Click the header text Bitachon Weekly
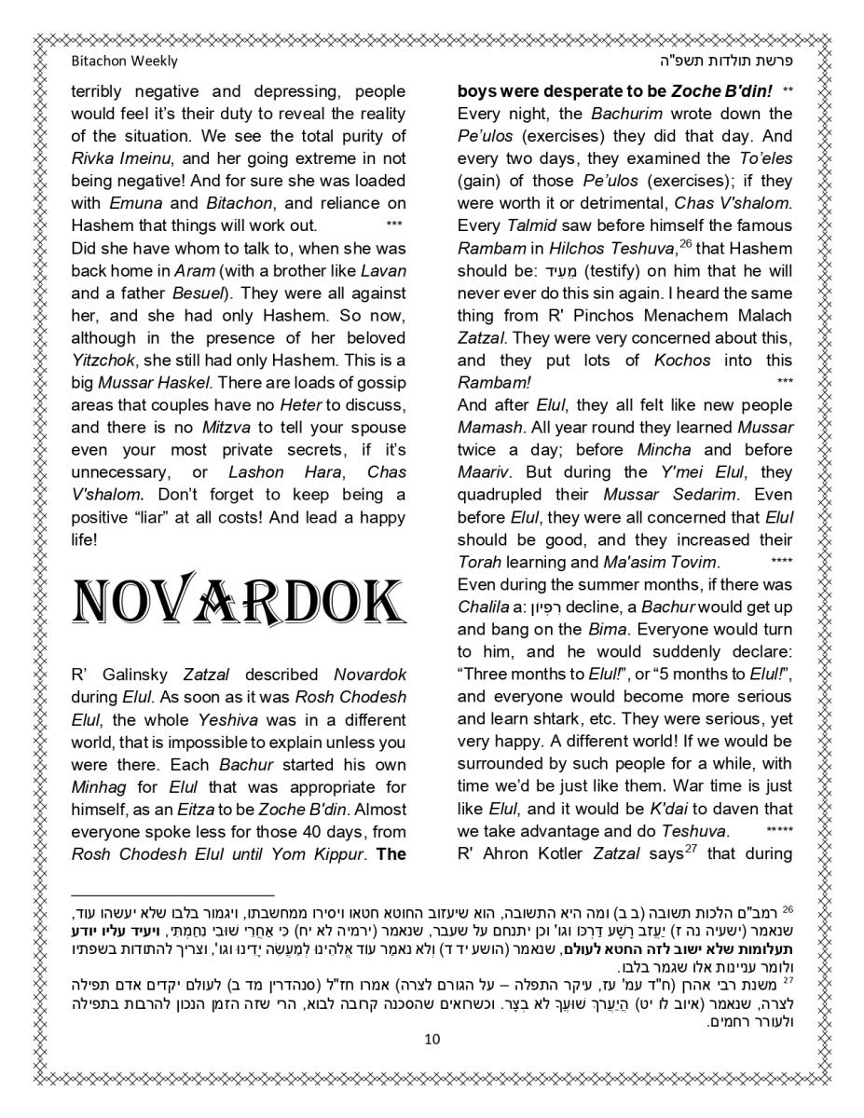point(124,61)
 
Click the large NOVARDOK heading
point(238,602)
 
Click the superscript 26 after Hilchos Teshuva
point(684,242)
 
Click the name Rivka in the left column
point(93,158)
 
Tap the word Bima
point(607,630)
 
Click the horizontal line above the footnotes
point(172,894)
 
